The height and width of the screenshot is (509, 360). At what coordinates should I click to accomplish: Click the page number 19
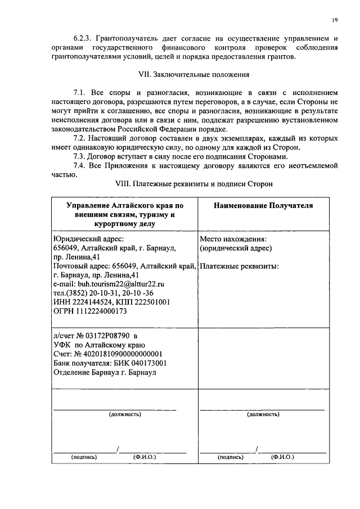pyautogui.click(x=334, y=20)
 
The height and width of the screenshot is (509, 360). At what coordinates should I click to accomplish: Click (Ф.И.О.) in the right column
pyautogui.click(x=282, y=457)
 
